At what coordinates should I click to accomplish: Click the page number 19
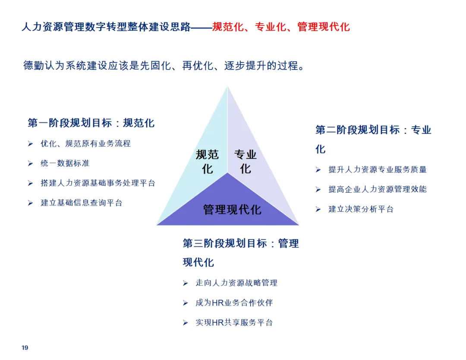pyautogui.click(x=25, y=347)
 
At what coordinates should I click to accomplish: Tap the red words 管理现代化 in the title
pyautogui.click(x=324, y=27)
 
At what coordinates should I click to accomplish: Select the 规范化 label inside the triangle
pyautogui.click(x=207, y=161)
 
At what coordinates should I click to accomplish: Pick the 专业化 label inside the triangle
pyautogui.click(x=246, y=161)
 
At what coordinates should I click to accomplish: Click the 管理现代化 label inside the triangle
pyautogui.click(x=232, y=210)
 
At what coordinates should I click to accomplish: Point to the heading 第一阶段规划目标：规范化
pyautogui.click(x=91, y=123)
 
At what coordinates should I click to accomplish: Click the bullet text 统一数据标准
pyautogui.click(x=65, y=163)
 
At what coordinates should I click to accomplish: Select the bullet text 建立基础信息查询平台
pyautogui.click(x=82, y=203)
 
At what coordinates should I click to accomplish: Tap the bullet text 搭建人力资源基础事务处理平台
pyautogui.click(x=98, y=183)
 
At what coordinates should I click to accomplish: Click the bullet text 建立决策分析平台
pyautogui.click(x=361, y=209)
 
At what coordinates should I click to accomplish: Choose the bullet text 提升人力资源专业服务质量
pyautogui.click(x=378, y=169)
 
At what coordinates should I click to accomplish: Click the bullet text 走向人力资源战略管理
pyautogui.click(x=236, y=283)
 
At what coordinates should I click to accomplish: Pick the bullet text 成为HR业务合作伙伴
pyautogui.click(x=234, y=303)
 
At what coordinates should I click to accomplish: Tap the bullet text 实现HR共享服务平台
pyautogui.click(x=234, y=322)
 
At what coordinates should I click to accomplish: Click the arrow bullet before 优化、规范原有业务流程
pyautogui.click(x=31, y=144)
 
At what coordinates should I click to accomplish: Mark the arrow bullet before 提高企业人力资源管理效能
pyautogui.click(x=318, y=189)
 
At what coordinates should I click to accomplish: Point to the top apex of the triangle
pyautogui.click(x=228, y=87)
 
